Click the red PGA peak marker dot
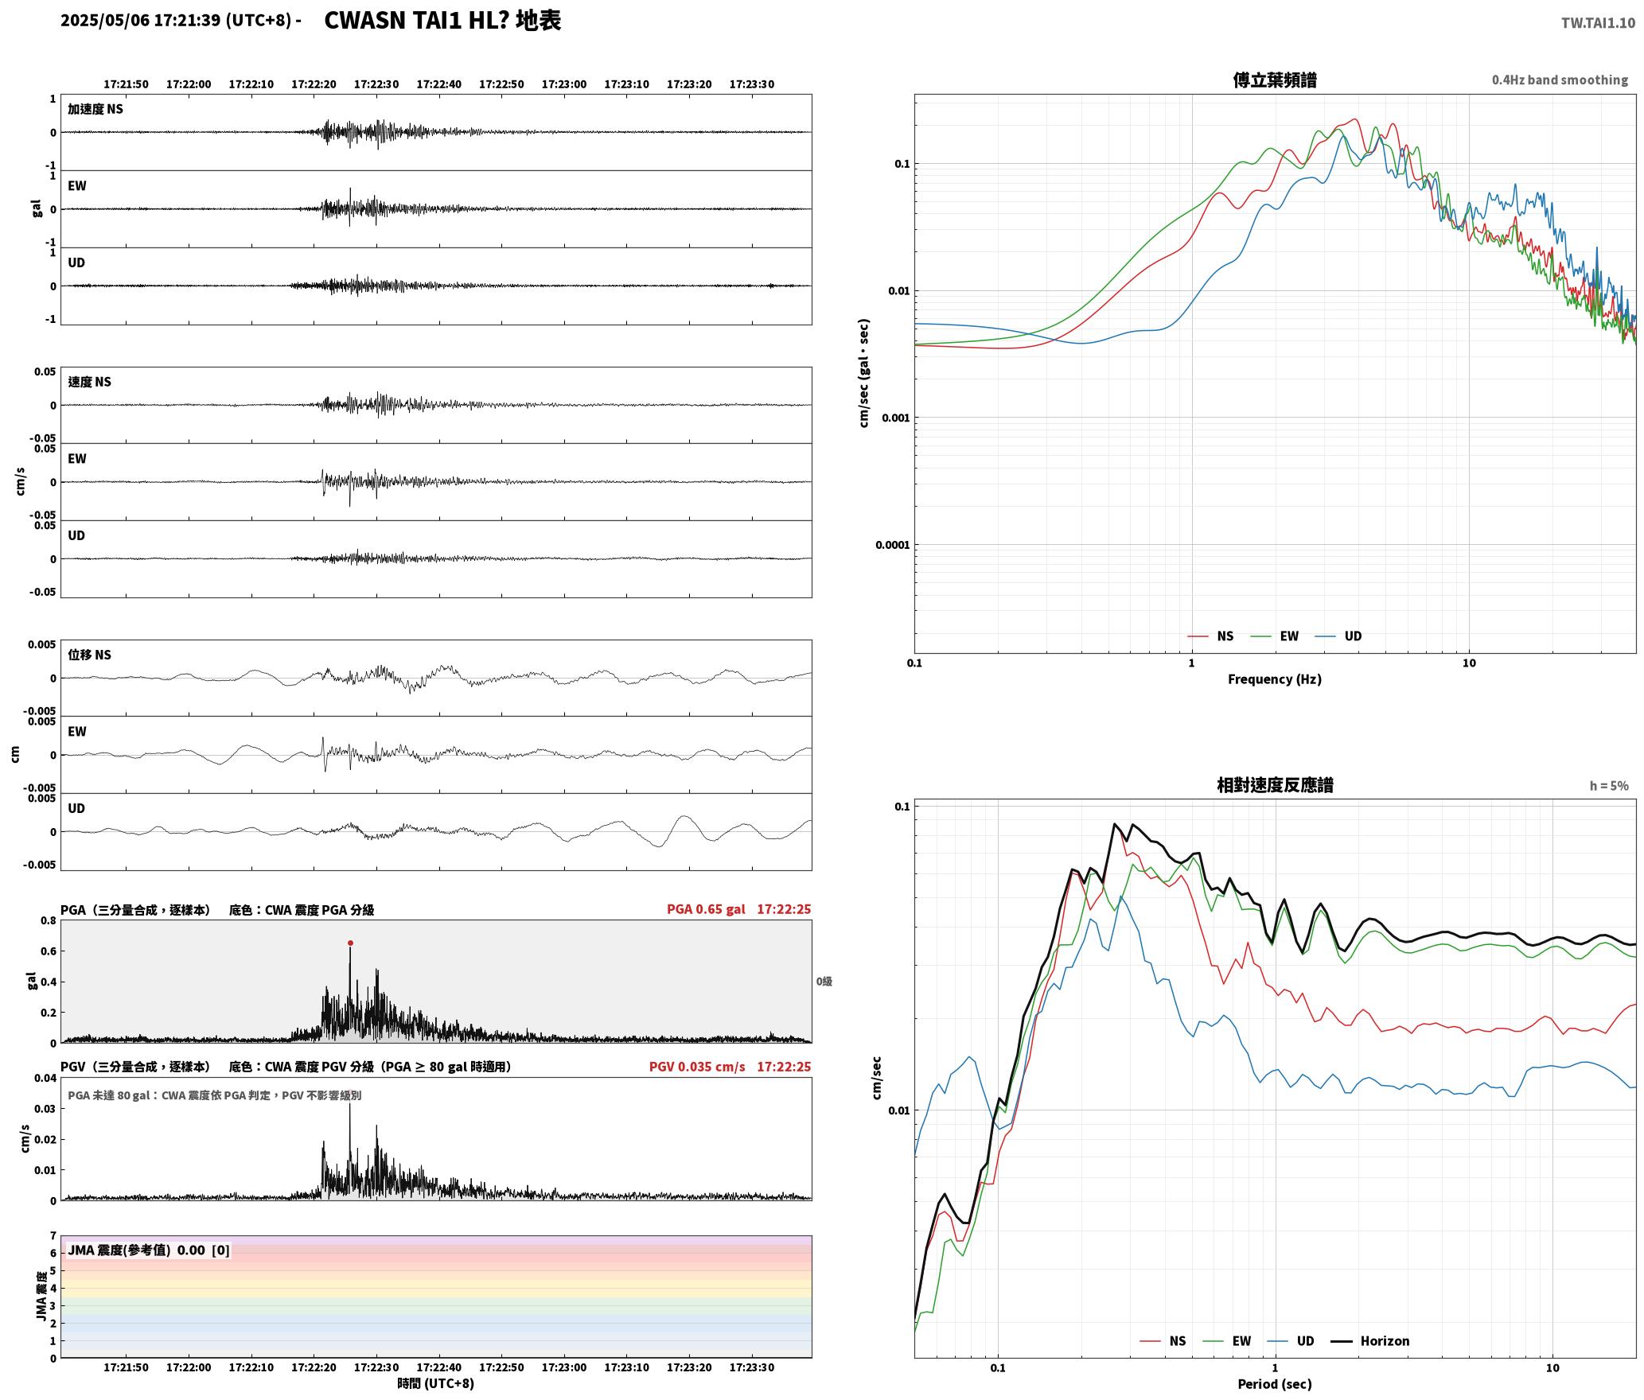pos(350,943)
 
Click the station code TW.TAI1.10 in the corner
pos(1598,23)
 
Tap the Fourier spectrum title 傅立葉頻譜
pos(1274,80)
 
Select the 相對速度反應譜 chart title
pos(1275,785)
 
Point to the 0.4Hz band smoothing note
pos(1560,80)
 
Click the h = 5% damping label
pos(1609,786)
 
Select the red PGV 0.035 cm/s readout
pos(697,1067)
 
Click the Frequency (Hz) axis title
pos(1274,679)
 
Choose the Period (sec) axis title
pos(1274,1384)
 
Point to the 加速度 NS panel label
pos(95,109)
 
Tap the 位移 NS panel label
pos(89,655)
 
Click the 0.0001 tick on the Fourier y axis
pos(892,545)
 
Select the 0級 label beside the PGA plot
pos(824,982)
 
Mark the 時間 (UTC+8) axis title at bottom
pos(436,1384)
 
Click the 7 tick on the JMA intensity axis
pos(53,1236)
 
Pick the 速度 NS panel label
pos(89,382)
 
